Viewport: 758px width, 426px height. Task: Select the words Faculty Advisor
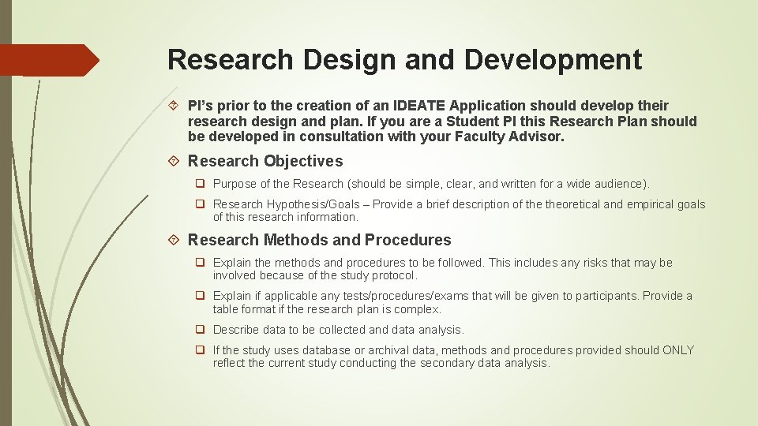pyautogui.click(x=509, y=136)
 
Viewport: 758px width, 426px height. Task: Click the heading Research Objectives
pyautogui.click(x=265, y=161)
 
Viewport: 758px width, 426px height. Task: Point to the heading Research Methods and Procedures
pyautogui.click(x=319, y=240)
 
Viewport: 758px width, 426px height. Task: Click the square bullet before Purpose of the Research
pyautogui.click(x=201, y=184)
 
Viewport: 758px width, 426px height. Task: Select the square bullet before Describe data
pyautogui.click(x=201, y=330)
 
